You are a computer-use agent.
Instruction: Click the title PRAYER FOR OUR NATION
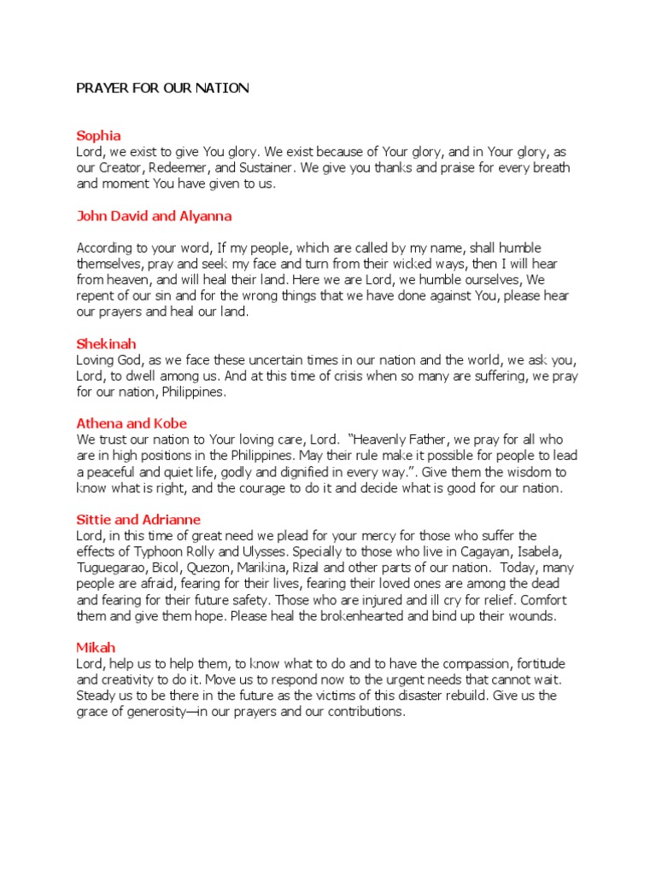pyautogui.click(x=163, y=88)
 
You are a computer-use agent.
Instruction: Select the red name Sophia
pyautogui.click(x=98, y=136)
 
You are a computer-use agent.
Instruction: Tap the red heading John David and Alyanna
pyautogui.click(x=154, y=216)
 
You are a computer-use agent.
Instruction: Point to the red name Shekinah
pyautogui.click(x=106, y=344)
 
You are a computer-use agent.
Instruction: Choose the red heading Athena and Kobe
pyautogui.click(x=132, y=423)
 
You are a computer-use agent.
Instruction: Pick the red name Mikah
pyautogui.click(x=96, y=648)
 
